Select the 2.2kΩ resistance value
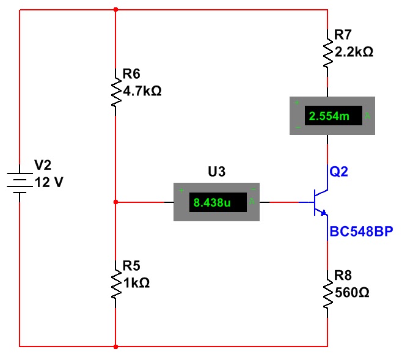(350, 52)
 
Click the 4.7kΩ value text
(142, 92)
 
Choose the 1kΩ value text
(136, 283)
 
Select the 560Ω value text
(352, 293)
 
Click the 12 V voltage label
(49, 182)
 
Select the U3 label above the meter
(217, 172)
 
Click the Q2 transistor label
(338, 172)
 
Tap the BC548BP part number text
(361, 232)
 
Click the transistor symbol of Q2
(319, 202)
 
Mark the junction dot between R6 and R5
(115, 202)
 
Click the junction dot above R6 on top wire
(115, 10)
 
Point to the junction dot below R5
(115, 347)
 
